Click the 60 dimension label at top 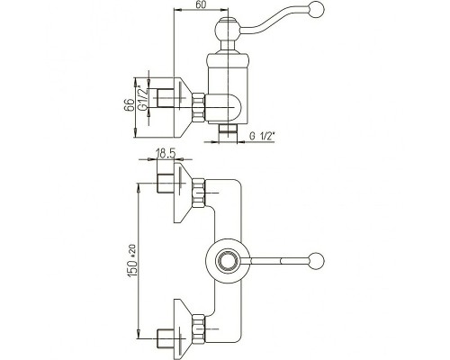pos(201,4)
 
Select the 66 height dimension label pos(129,105)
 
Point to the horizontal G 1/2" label pos(262,136)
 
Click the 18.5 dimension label pos(166,154)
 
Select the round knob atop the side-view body pos(228,30)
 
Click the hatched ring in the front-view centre pos(228,260)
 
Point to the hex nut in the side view pos(199,108)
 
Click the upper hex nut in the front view pos(199,193)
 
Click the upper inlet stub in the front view pos(166,183)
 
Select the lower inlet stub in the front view pos(166,338)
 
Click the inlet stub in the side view pos(166,98)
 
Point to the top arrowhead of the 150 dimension pos(139,188)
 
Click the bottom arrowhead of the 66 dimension pos(135,133)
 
